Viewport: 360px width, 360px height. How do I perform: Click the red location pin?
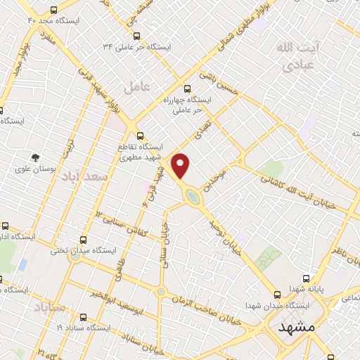(181, 166)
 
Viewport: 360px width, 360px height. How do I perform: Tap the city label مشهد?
(295, 328)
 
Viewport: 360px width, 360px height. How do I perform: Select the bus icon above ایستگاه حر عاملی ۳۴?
(136, 36)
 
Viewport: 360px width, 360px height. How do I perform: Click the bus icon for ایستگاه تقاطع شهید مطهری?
(140, 136)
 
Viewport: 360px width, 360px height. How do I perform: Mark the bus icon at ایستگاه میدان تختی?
(84, 240)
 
